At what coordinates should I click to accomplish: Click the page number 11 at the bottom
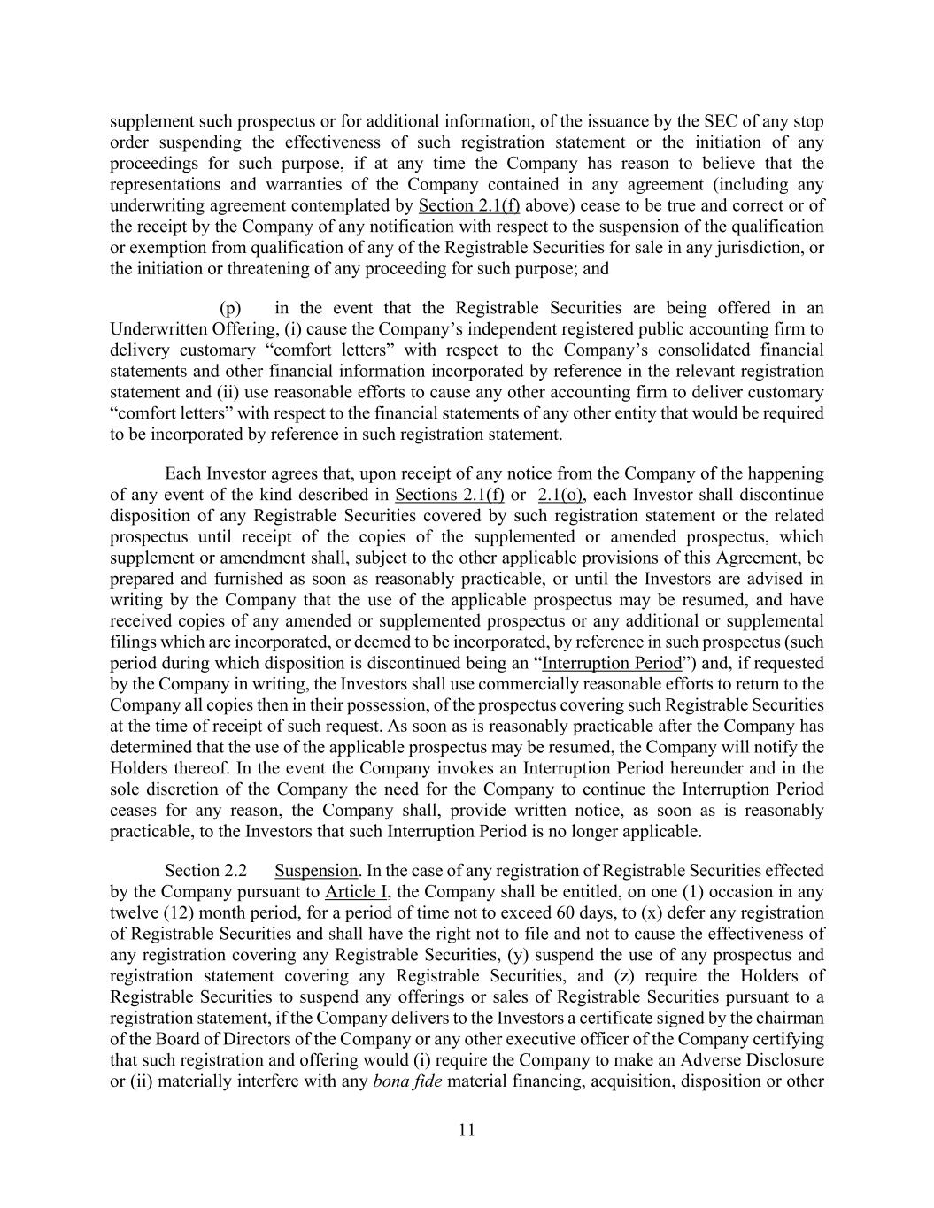tap(467, 1129)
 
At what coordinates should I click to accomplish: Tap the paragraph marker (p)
tap(230, 308)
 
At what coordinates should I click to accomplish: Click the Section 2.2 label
tap(205, 871)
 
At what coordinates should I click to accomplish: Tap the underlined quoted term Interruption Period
tap(612, 663)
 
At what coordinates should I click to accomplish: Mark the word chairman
tap(792, 1018)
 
